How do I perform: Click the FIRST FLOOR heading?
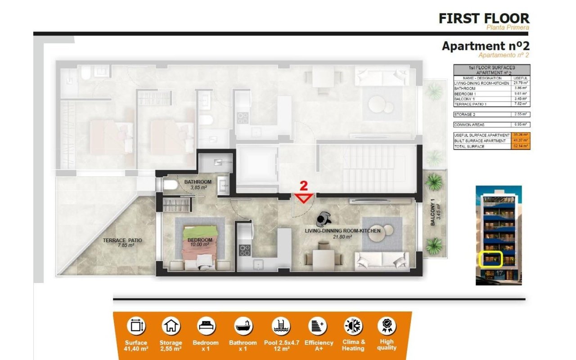(x=484, y=18)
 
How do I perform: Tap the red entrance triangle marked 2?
(x=304, y=198)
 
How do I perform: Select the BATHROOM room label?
(x=198, y=182)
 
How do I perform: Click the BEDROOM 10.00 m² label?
(x=200, y=242)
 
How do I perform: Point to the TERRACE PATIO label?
(x=122, y=243)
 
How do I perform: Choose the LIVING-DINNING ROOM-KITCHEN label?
(x=343, y=233)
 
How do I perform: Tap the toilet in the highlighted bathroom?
(x=168, y=184)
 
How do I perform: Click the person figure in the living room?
(x=323, y=220)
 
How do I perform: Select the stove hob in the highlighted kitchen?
(x=244, y=250)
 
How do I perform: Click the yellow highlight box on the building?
(x=490, y=260)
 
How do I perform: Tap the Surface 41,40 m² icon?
(x=136, y=325)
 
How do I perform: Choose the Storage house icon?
(x=171, y=325)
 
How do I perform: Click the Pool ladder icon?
(x=281, y=325)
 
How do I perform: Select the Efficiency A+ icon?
(x=318, y=325)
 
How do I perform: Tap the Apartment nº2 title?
(x=486, y=46)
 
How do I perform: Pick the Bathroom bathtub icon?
(x=243, y=325)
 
